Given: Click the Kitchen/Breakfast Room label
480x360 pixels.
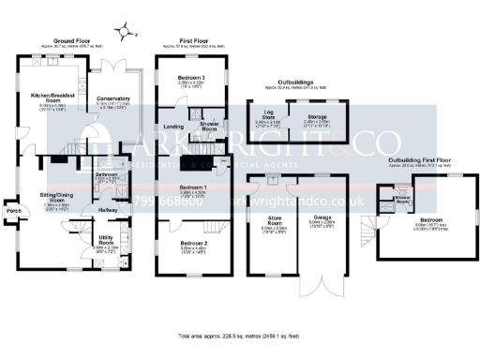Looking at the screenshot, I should (x=52, y=97).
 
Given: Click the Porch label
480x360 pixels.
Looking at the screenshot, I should (x=14, y=210).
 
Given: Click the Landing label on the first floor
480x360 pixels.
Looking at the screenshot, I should (x=172, y=127).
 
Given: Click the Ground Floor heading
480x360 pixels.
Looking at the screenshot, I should (x=70, y=42).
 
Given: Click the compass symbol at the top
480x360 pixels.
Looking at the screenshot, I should (x=132, y=34).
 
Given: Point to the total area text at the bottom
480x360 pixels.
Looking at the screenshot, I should (x=240, y=335).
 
